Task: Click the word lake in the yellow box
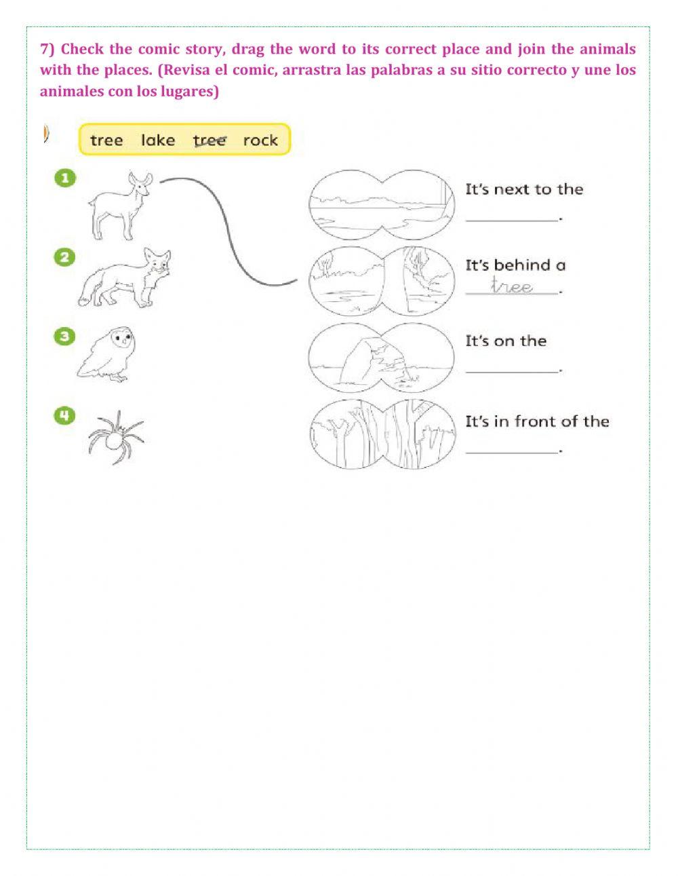point(158,140)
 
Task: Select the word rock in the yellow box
point(260,140)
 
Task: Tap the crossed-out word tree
point(209,140)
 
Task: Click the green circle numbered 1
point(65,178)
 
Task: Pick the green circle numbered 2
point(65,257)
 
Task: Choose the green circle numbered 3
point(65,337)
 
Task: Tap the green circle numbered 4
point(65,415)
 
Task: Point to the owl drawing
point(108,353)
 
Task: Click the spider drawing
point(115,437)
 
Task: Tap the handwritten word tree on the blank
point(512,286)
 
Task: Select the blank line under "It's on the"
point(512,369)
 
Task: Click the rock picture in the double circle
point(380,357)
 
